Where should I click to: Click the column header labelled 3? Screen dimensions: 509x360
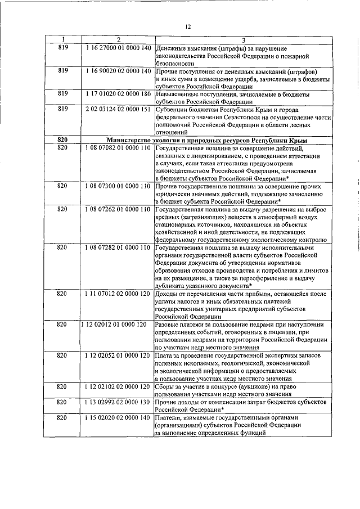pos(244,39)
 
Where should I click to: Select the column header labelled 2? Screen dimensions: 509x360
pos(118,39)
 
